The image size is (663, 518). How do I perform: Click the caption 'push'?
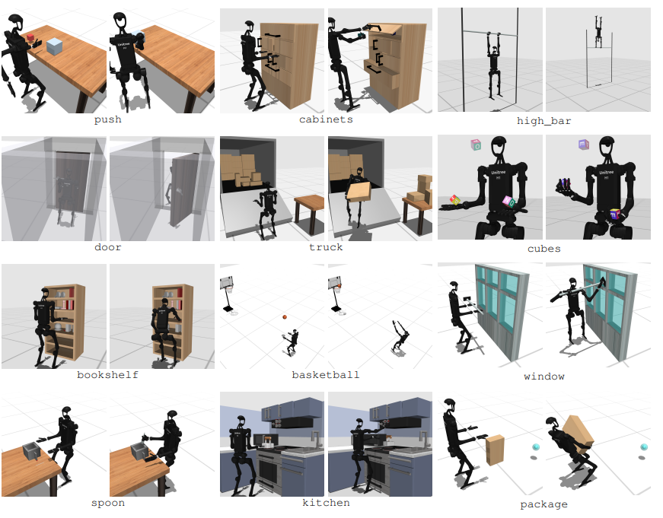pos(108,120)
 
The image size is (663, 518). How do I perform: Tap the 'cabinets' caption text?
pos(326,119)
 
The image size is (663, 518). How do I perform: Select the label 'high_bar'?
pos(543,121)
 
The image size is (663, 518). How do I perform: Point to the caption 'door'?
pos(108,247)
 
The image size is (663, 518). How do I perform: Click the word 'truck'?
pos(326,247)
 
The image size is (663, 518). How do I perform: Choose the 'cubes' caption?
pos(544,249)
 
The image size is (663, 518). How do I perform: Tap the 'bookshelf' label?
pos(108,375)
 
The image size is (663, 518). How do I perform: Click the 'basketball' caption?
pos(326,375)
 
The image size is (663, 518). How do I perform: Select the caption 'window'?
pos(544,377)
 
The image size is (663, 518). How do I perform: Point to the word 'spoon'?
pos(108,504)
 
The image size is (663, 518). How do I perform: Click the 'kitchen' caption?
pos(326,503)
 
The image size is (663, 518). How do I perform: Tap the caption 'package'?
pos(543,504)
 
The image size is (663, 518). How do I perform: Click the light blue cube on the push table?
pos(55,46)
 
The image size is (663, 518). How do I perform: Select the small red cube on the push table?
pos(30,38)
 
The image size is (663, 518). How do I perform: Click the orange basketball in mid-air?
pos(285,317)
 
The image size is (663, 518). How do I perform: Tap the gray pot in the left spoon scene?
pos(32,451)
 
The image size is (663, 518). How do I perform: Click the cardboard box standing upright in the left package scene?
pos(495,450)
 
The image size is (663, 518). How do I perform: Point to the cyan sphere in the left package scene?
pos(536,447)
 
